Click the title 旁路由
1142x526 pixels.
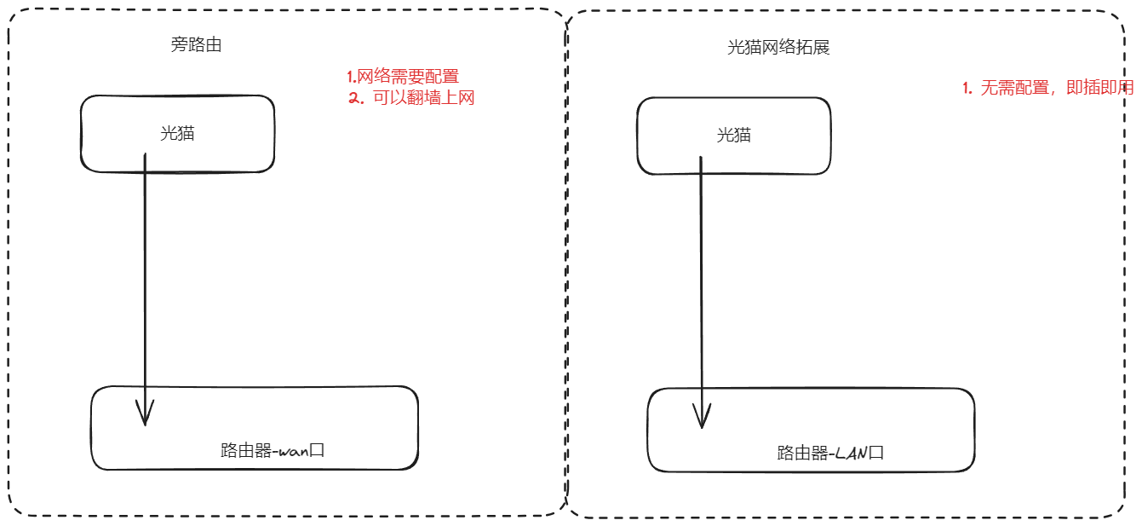(196, 45)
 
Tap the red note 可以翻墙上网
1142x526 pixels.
(423, 98)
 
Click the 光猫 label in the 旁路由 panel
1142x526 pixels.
(177, 134)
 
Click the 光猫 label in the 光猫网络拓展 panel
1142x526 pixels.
(734, 135)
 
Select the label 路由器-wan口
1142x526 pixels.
(273, 451)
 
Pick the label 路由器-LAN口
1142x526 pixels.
(830, 453)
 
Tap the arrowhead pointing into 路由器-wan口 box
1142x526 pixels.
(146, 416)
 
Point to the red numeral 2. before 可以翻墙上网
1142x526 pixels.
(356, 98)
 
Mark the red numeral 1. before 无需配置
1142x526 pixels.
(967, 89)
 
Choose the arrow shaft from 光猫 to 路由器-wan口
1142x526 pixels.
(145, 281)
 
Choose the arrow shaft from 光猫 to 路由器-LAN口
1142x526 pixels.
(701, 281)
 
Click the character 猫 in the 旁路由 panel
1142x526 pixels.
(187, 134)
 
